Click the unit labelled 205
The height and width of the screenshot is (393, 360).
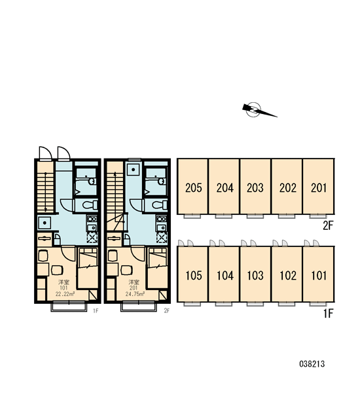[193, 187]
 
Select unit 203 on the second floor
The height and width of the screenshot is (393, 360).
[255, 187]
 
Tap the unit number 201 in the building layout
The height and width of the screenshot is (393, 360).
[318, 187]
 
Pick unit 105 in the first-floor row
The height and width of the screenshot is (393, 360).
[193, 274]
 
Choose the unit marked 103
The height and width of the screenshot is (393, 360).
[255, 274]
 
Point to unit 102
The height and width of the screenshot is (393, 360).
[287, 274]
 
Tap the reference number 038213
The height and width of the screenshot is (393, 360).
[312, 364]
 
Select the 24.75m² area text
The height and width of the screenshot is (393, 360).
[135, 294]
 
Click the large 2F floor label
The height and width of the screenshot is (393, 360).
[328, 226]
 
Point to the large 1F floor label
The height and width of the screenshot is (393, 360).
[328, 313]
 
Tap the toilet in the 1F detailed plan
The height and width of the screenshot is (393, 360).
[90, 205]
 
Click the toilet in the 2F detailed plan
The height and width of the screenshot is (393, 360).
[160, 205]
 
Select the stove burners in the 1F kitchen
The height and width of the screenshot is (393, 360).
[92, 219]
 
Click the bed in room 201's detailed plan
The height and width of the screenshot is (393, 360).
[158, 268]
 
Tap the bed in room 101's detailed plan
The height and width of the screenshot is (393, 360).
[88, 268]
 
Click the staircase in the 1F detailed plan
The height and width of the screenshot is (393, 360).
[45, 191]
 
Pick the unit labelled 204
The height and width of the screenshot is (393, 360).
[225, 187]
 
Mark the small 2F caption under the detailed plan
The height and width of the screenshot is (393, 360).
[167, 310]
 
